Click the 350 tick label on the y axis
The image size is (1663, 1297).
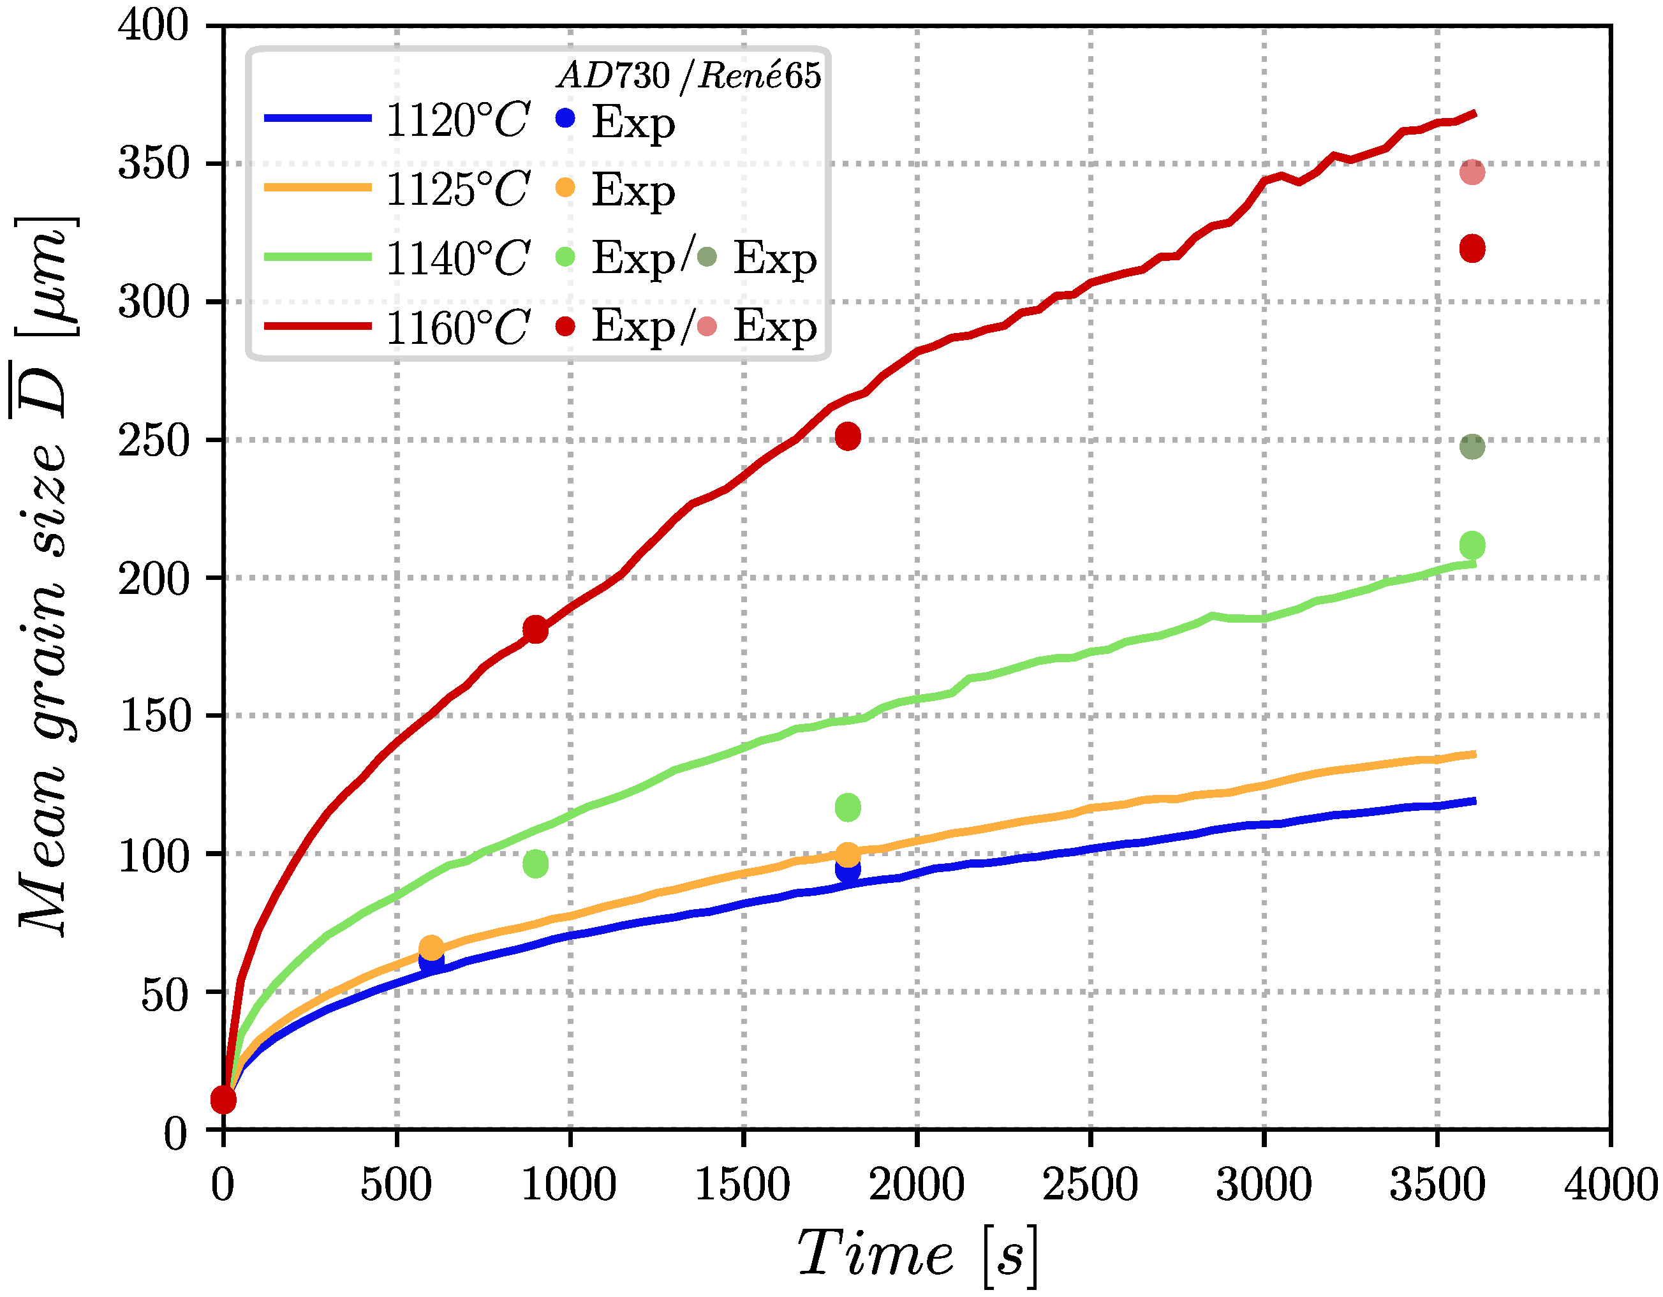tap(153, 164)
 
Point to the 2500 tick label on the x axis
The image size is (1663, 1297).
tap(1090, 1186)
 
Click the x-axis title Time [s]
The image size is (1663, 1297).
tap(917, 1254)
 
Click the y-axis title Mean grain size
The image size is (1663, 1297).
tap(46, 579)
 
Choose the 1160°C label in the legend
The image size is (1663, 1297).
tap(457, 329)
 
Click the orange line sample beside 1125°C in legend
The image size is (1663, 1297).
tap(318, 188)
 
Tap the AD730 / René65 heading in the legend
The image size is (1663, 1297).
tap(689, 75)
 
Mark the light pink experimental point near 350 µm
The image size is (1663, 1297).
tap(1472, 172)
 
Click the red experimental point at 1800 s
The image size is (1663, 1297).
tap(848, 436)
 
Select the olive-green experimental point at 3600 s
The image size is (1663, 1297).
tap(1472, 447)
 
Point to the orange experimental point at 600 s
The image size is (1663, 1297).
tap(431, 948)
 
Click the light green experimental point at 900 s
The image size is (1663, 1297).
tap(535, 864)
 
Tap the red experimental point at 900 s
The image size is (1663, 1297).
tap(535, 630)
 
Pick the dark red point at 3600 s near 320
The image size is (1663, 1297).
tap(1472, 248)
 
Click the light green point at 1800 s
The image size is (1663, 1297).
tap(848, 807)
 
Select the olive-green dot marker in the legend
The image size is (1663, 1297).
tap(707, 257)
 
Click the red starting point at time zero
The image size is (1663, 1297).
tap(223, 1100)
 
